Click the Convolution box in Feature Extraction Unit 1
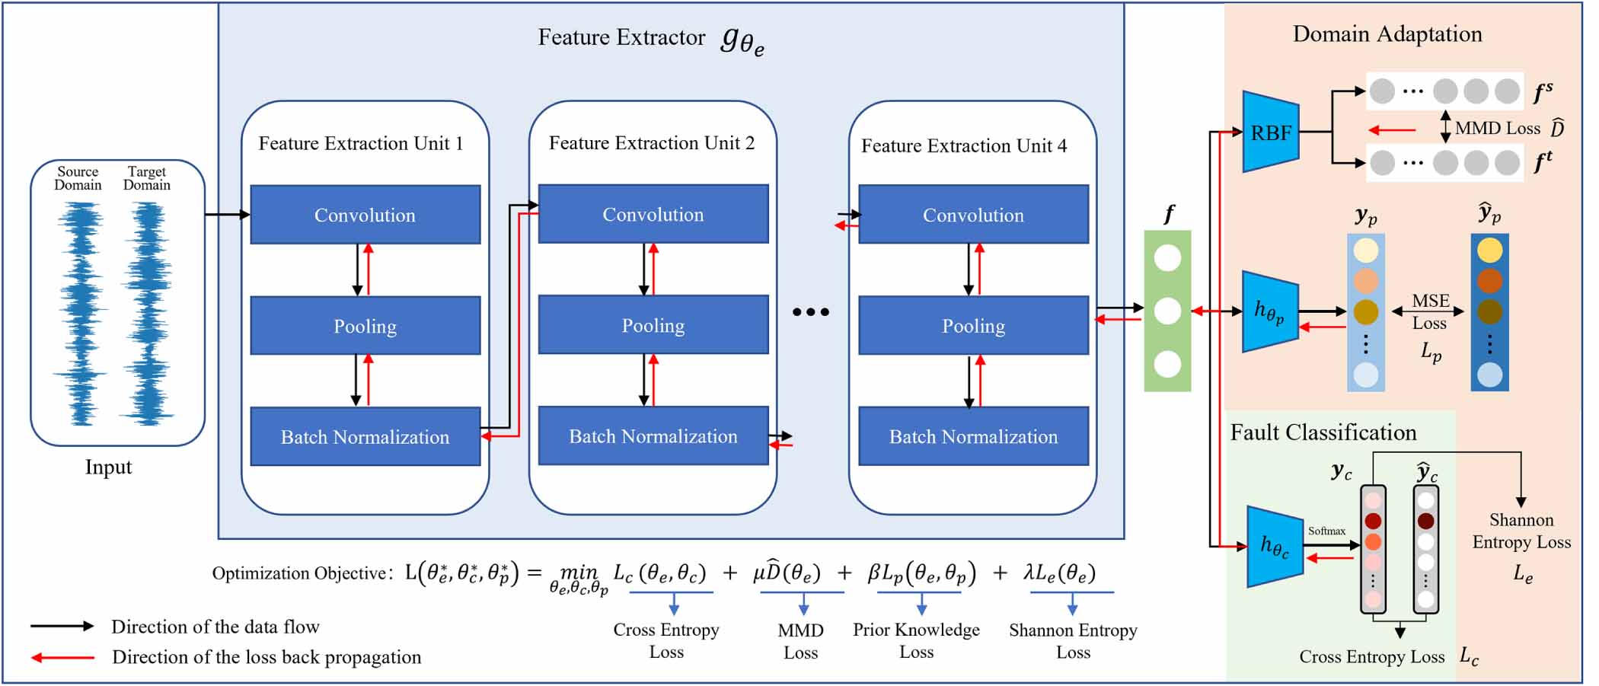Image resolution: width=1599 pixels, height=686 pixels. pos(365,215)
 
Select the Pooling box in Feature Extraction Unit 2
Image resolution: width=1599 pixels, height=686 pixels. pos(653,325)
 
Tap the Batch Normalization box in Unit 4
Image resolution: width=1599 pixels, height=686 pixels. pos(973,436)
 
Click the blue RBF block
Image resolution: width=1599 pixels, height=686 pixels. pos(1270,132)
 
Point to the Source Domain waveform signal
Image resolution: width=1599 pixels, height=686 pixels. pos(79,312)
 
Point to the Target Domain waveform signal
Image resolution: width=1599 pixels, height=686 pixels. pos(147,312)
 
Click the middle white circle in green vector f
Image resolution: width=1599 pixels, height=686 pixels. pos(1167,311)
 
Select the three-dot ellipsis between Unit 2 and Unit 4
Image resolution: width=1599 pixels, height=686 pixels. pos(810,312)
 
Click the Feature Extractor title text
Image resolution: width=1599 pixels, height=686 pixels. pos(621,37)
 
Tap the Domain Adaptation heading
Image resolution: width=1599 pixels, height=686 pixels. pos(1387,34)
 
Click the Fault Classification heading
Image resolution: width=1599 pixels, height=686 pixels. pos(1323,432)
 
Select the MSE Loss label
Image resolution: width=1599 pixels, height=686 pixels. pos(1430,311)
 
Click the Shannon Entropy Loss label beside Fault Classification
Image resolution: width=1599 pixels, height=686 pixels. pos(1521,531)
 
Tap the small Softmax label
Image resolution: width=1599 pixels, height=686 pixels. pos(1326,531)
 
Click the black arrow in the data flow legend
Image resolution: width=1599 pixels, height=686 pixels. pos(62,626)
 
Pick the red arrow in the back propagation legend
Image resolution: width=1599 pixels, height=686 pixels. pos(62,657)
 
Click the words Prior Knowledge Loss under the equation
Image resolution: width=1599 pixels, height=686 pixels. pos(915,640)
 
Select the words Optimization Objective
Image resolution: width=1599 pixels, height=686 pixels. pos(302,573)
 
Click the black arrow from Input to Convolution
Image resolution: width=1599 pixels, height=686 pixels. pos(227,215)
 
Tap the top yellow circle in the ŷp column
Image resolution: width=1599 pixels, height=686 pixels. pos(1489,250)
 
